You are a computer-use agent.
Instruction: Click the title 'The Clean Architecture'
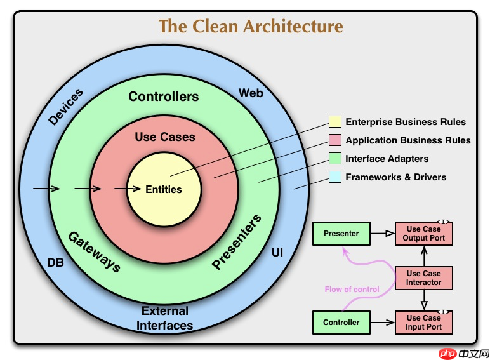tap(250, 27)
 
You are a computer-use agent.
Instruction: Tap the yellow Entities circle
tap(164, 189)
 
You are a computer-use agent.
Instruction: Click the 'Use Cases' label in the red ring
tap(165, 137)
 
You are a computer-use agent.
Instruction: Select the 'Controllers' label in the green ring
tap(163, 97)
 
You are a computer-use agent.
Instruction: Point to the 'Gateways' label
tap(94, 251)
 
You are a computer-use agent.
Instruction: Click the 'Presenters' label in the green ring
tap(237, 243)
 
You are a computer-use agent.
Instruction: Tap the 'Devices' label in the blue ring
tap(66, 107)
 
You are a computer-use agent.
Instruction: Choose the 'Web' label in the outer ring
tap(251, 93)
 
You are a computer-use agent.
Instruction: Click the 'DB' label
tap(56, 262)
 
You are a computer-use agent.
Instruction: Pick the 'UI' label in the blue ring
tap(277, 253)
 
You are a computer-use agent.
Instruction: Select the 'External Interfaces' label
tap(166, 318)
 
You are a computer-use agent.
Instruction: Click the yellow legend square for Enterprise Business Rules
tap(335, 122)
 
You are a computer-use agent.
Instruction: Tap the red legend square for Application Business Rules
tap(335, 140)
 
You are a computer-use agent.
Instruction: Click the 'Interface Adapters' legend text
tap(387, 159)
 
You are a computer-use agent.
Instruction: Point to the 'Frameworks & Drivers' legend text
tap(395, 177)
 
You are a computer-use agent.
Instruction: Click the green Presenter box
tap(341, 234)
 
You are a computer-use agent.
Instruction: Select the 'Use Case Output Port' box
tap(424, 234)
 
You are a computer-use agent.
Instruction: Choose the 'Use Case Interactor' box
tap(424, 278)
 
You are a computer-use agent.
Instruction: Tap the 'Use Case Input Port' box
tap(424, 322)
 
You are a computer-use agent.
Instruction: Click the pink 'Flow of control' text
tap(352, 290)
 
